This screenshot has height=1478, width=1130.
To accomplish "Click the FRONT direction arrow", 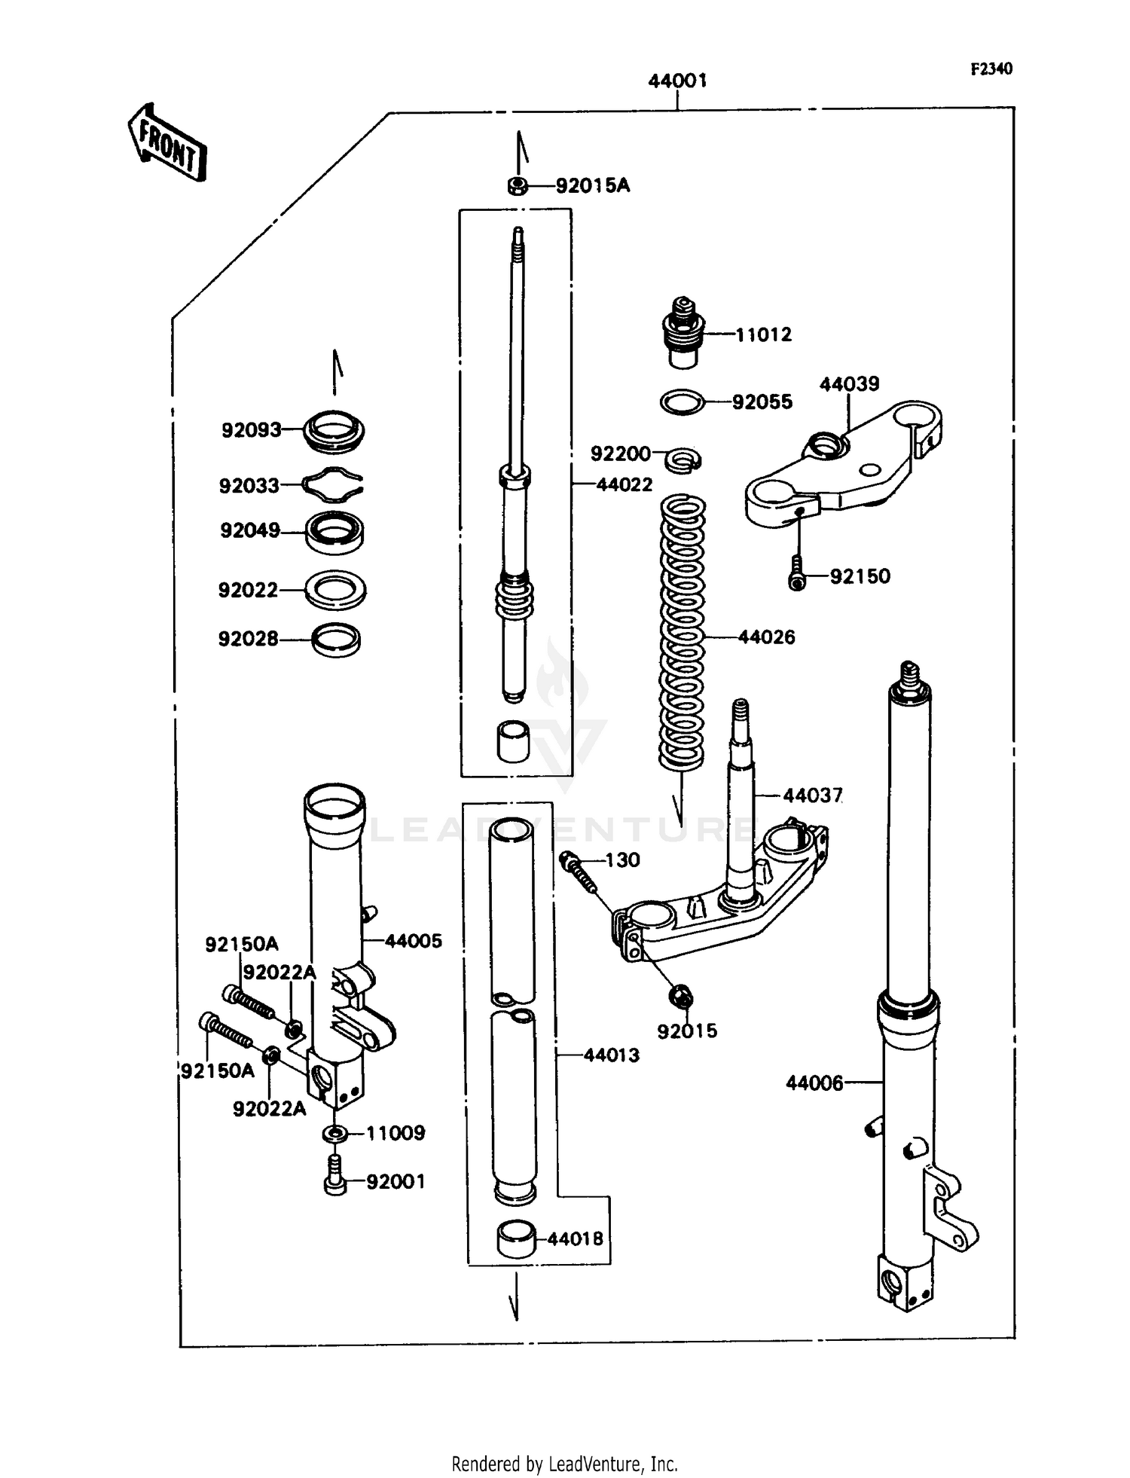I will point(166,143).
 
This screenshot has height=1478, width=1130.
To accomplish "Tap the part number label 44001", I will point(677,81).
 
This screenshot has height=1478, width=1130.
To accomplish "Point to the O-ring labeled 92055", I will point(682,402).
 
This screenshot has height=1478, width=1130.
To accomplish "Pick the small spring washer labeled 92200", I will point(685,457).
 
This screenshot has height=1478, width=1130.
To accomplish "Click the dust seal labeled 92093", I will point(334,431).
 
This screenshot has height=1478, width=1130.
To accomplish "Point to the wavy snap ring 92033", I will point(332,485).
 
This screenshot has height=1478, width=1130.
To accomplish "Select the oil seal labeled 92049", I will point(334,532).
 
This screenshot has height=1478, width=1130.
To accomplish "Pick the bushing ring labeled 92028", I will point(336,640).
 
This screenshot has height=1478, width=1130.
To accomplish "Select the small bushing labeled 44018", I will point(516,1238).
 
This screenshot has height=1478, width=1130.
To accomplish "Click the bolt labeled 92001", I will point(335,1182).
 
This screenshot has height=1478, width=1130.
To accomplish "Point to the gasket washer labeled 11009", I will point(335,1133).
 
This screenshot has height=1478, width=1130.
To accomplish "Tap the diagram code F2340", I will point(991,69).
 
